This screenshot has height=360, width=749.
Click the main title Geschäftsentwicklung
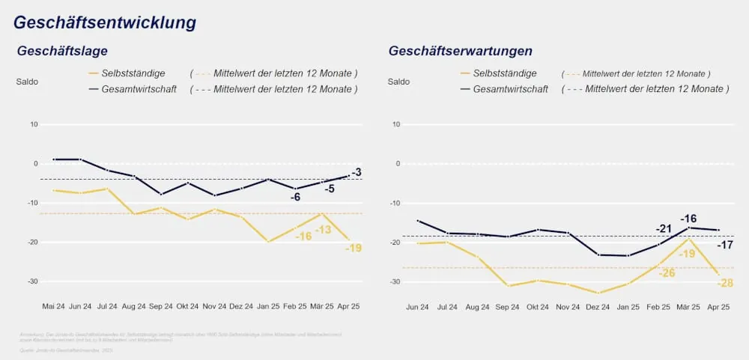pos(105,22)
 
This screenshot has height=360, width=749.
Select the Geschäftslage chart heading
pos(63,52)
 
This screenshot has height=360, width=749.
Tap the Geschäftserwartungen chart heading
pos(461,52)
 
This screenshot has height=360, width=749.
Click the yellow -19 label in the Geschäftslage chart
pos(354,248)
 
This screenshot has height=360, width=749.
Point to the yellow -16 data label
pos(303,237)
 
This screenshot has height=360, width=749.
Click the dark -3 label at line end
pos(357,173)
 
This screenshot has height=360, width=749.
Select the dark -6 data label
pos(296,197)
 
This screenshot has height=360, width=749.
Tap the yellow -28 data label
pos(725,283)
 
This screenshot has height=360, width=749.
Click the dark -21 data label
pos(664,229)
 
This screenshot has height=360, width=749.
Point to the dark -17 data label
pos(725,245)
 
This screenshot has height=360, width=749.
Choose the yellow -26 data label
pos(667,272)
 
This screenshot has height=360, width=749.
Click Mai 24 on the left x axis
pos(53,307)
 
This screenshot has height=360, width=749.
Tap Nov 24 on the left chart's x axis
pos(215,307)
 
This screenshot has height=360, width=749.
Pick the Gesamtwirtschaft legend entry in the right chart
pos(510,89)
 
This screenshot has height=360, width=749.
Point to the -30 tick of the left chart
pos(32,281)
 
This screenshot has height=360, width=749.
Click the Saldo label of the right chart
pos(398,82)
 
